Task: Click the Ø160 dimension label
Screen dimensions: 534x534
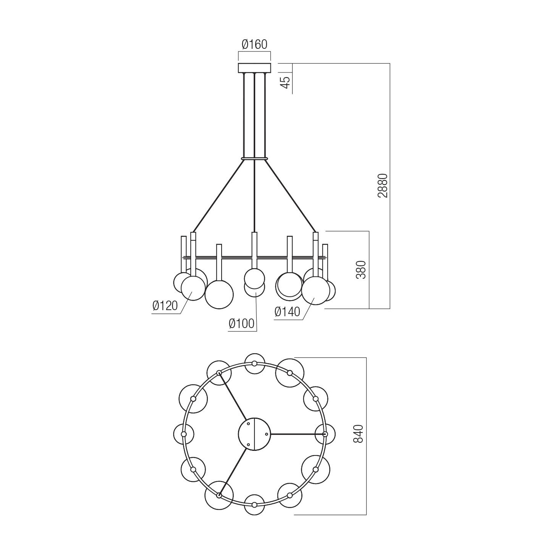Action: point(254,45)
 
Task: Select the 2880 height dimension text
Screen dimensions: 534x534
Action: point(383,186)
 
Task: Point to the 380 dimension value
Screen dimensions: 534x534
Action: point(361,269)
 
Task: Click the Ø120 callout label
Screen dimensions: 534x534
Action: point(165,306)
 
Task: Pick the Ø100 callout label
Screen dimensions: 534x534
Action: point(242,324)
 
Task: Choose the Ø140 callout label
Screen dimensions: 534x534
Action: point(287,312)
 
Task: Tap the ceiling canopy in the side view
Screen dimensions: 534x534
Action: point(254,68)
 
